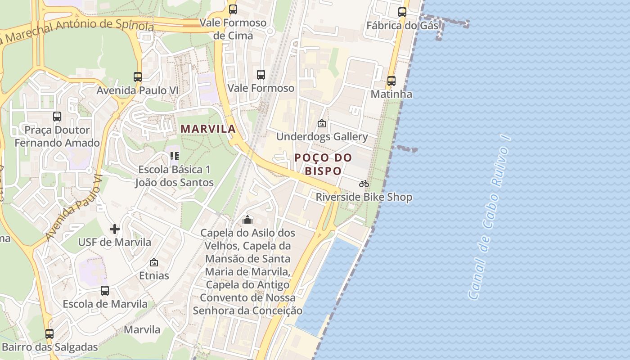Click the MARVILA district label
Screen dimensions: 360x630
[208, 129]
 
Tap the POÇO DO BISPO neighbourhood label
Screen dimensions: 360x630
[324, 164]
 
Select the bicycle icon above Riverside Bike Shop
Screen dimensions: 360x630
[364, 184]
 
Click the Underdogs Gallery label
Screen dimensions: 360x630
[322, 136]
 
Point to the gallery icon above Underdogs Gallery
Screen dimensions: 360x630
[322, 123]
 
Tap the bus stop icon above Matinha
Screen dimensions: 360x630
[391, 81]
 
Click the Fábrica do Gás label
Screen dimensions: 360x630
[402, 25]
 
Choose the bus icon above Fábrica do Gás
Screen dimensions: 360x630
[402, 12]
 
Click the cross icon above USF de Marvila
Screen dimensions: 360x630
[115, 229]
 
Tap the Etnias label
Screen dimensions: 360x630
[154, 275]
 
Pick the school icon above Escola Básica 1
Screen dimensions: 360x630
[175, 156]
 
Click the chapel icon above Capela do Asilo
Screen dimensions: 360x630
[247, 220]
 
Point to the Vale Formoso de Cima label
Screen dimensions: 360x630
[233, 29]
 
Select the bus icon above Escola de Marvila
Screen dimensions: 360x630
[105, 291]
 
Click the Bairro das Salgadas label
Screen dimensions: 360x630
[50, 347]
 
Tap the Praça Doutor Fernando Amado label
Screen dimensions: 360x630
[57, 136]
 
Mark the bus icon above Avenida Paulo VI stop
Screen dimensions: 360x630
[138, 77]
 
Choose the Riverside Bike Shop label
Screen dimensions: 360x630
[364, 197]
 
